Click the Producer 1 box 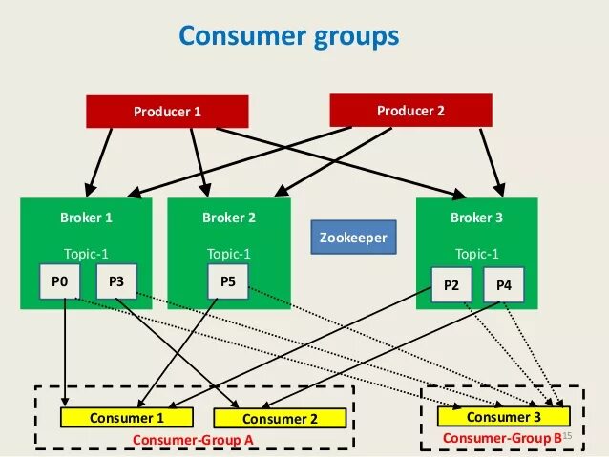167,112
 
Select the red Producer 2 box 410,111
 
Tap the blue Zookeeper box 353,238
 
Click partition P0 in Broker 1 60,281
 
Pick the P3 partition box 116,281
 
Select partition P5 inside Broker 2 228,281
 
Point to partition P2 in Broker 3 451,284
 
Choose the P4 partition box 504,284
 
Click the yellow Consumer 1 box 127,417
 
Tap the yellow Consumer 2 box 280,418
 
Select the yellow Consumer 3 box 504,416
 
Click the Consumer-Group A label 193,440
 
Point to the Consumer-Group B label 502,438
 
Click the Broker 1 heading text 86,218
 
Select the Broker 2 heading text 229,218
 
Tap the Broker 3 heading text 476,218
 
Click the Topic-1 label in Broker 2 229,254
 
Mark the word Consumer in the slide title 242,35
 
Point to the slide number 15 567,436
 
